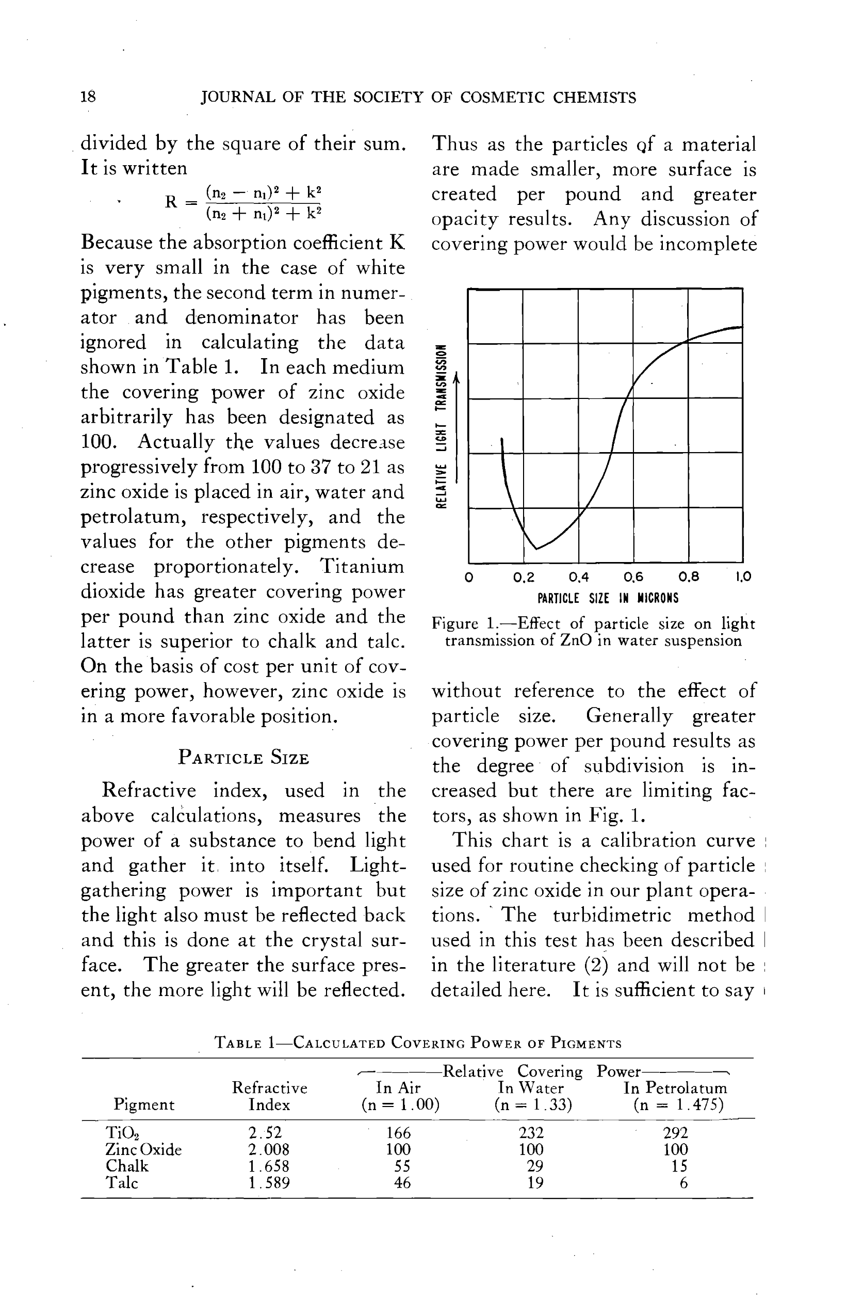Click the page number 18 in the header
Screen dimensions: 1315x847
coord(88,98)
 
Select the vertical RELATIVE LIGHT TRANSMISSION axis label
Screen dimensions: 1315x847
coord(441,426)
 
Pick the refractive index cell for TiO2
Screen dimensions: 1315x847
coord(265,1133)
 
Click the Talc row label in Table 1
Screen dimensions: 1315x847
coord(122,1182)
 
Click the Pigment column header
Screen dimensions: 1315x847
coord(143,1104)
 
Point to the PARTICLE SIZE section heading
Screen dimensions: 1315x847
coord(243,758)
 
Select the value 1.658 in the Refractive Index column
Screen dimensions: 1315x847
coord(268,1166)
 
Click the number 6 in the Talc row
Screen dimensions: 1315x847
coord(683,1182)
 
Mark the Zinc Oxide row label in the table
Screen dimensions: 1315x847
coord(143,1149)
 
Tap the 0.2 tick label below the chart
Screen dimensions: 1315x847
coord(524,577)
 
